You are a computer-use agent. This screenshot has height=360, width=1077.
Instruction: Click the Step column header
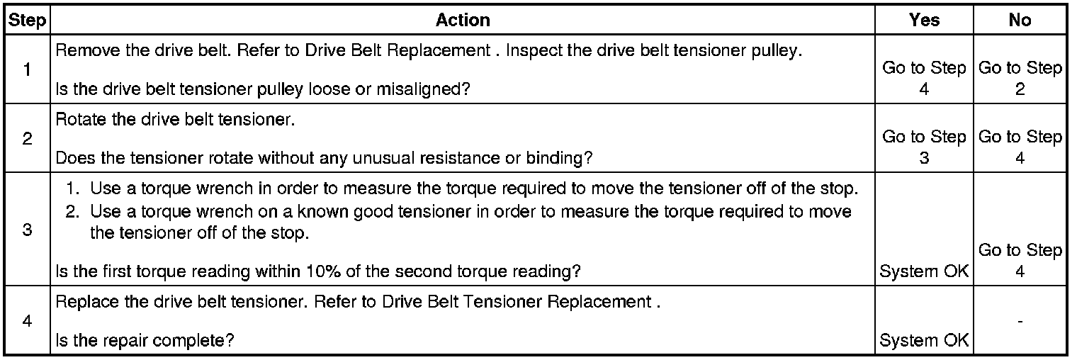pos(27,21)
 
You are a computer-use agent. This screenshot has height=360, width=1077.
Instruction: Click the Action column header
pos(463,21)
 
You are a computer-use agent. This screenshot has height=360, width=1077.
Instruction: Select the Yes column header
pos(924,21)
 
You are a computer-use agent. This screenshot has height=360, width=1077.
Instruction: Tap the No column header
pos(1020,21)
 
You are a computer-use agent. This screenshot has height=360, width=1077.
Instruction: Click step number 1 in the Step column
pos(27,71)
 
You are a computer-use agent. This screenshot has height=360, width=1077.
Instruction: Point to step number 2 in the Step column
pos(27,139)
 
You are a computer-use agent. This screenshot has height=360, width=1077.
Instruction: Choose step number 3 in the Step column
pos(27,230)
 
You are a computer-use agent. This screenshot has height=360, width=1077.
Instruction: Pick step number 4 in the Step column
pos(27,320)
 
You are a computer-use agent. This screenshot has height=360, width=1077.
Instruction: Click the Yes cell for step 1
pos(924,79)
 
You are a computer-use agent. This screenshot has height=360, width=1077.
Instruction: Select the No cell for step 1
pos(1020,79)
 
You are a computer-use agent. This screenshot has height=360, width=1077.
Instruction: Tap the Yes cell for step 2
pos(924,147)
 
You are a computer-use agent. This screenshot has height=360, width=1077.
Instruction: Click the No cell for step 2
pos(1020,147)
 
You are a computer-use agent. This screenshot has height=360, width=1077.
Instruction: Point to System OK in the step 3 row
pos(924,271)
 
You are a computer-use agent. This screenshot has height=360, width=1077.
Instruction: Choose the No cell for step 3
pos(1020,261)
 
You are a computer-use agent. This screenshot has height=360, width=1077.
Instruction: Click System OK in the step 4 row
pos(924,341)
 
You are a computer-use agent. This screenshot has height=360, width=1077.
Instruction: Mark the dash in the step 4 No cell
pos(1020,321)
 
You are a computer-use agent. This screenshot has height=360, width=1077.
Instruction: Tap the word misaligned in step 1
pos(432,89)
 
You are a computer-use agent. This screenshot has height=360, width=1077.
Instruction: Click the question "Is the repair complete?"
pos(145,340)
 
